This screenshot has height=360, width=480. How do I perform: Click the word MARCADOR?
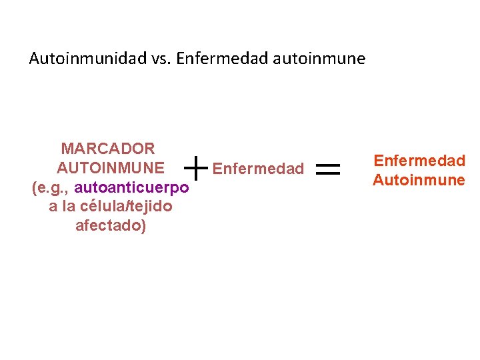pos(107,148)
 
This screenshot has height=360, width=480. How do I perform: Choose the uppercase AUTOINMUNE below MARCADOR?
pos(111,167)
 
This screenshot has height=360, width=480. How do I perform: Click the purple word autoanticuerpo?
pos(132,187)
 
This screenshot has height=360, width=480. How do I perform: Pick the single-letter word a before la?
pos(53,207)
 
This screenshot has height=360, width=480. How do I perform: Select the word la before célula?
pos(68,207)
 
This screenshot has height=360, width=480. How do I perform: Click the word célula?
pos(101,207)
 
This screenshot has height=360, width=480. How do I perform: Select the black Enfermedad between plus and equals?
pos(258,169)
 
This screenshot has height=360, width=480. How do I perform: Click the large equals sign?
pos(327,170)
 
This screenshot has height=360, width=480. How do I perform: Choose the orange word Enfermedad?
pos(419,161)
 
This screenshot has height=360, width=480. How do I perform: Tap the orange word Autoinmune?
pos(419,180)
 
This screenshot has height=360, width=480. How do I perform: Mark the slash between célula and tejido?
pos(129,207)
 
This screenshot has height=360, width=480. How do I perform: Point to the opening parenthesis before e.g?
pos(35,188)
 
